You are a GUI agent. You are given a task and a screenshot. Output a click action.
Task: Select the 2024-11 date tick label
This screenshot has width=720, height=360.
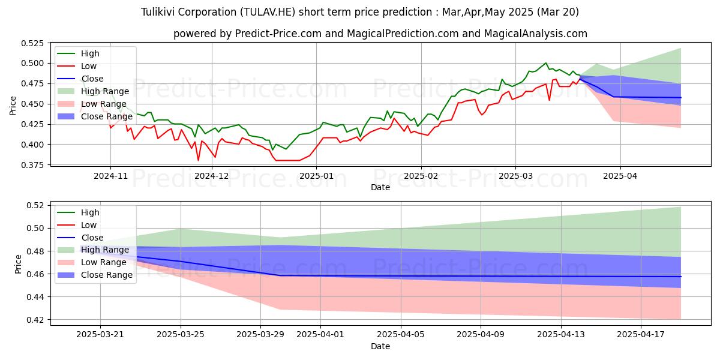coord(110,176)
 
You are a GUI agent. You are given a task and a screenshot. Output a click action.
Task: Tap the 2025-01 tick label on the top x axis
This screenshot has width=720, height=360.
coord(316,176)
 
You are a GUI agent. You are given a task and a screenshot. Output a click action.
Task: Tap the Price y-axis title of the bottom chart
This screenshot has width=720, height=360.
coord(18,264)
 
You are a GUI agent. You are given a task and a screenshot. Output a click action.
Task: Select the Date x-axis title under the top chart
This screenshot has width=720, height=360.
coord(380,187)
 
